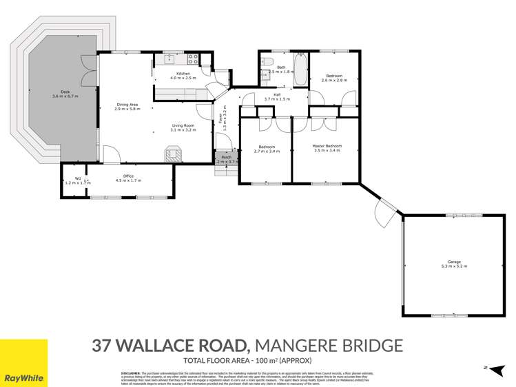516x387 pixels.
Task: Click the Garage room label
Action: click(x=453, y=262)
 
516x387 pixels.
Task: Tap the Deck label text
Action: click(x=65, y=92)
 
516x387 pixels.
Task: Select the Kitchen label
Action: click(x=183, y=74)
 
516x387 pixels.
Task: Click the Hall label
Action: click(x=277, y=94)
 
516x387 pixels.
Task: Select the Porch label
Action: click(x=225, y=158)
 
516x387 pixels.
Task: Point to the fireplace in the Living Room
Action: click(x=173, y=152)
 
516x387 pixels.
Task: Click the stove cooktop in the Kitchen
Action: click(x=192, y=59)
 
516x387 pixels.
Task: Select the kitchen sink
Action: click(x=167, y=59)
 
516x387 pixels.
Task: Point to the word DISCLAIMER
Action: click(x=128, y=373)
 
